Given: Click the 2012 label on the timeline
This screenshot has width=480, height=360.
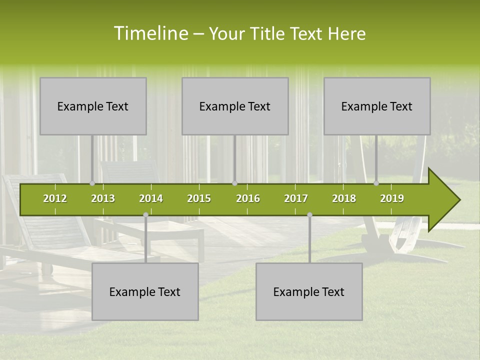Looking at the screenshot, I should pyautogui.click(x=55, y=198).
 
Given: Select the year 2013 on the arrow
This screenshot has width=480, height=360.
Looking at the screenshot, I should pyautogui.click(x=103, y=198).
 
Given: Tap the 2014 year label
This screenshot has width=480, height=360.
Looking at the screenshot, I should pyautogui.click(x=151, y=198).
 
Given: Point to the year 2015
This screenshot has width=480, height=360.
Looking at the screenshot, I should pyautogui.click(x=199, y=198).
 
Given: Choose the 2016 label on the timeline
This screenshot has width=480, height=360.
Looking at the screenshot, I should pyautogui.click(x=248, y=198).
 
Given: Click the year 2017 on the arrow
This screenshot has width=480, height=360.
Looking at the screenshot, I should pyautogui.click(x=296, y=198).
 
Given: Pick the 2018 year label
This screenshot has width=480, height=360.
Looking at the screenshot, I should pyautogui.click(x=344, y=198).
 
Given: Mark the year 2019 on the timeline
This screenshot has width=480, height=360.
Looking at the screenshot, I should pyautogui.click(x=392, y=198).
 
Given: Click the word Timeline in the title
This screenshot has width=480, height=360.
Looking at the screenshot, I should pyautogui.click(x=150, y=33).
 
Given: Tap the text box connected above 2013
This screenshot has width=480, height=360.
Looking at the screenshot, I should pyautogui.click(x=93, y=106).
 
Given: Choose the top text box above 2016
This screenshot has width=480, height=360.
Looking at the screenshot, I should pyautogui.click(x=235, y=106).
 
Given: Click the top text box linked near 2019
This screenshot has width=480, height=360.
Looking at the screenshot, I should pyautogui.click(x=377, y=106).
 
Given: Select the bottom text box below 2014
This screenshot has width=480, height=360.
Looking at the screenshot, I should pyautogui.click(x=145, y=291).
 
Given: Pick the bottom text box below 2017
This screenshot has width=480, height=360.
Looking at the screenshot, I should pyautogui.click(x=309, y=291).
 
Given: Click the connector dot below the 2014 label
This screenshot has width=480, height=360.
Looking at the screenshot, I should pyautogui.click(x=145, y=214).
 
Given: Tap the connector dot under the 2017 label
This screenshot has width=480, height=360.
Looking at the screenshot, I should pyautogui.click(x=309, y=214).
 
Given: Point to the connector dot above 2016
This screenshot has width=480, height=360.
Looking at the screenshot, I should pyautogui.click(x=234, y=183).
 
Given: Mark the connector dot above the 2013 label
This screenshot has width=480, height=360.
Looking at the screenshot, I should pyautogui.click(x=92, y=183).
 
